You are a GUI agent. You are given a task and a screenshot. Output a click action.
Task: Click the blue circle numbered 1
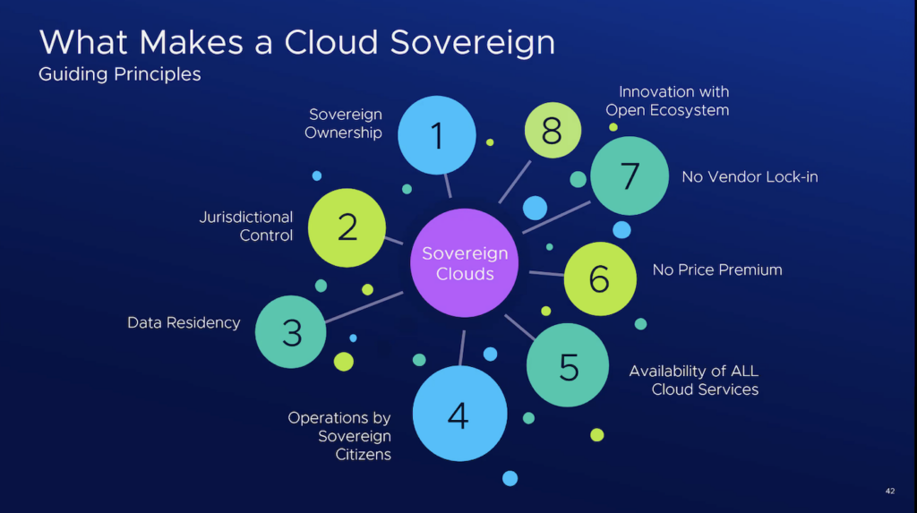click(x=436, y=135)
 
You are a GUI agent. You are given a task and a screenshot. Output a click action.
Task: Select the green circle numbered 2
click(x=347, y=227)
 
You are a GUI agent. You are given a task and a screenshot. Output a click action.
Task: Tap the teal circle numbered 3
click(x=292, y=332)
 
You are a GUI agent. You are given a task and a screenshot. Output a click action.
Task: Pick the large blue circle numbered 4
click(x=458, y=415)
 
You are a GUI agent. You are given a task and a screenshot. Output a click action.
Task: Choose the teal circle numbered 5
click(x=568, y=366)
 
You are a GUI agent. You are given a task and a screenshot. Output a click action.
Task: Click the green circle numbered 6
click(x=599, y=279)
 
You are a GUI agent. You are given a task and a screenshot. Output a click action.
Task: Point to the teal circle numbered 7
click(x=630, y=175)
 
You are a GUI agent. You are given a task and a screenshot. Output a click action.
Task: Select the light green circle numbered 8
click(x=552, y=131)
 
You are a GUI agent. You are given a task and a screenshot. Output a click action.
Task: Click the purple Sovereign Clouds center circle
click(x=465, y=263)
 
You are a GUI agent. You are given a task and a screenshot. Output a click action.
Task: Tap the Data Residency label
click(x=184, y=322)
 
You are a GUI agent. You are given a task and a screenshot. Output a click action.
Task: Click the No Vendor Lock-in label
click(x=750, y=176)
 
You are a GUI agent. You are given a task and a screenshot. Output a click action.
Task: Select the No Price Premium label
click(x=717, y=269)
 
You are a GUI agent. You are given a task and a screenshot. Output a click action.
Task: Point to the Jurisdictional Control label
click(x=245, y=227)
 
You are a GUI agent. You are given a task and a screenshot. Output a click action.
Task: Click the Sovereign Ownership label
click(x=345, y=124)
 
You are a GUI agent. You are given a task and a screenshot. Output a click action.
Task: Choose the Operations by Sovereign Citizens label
click(x=339, y=436)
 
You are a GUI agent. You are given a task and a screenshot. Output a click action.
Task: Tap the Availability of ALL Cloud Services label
click(x=693, y=380)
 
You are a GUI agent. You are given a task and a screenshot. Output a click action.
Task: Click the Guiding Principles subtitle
click(x=120, y=74)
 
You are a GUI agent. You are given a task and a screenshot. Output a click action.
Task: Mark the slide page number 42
click(x=889, y=491)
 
